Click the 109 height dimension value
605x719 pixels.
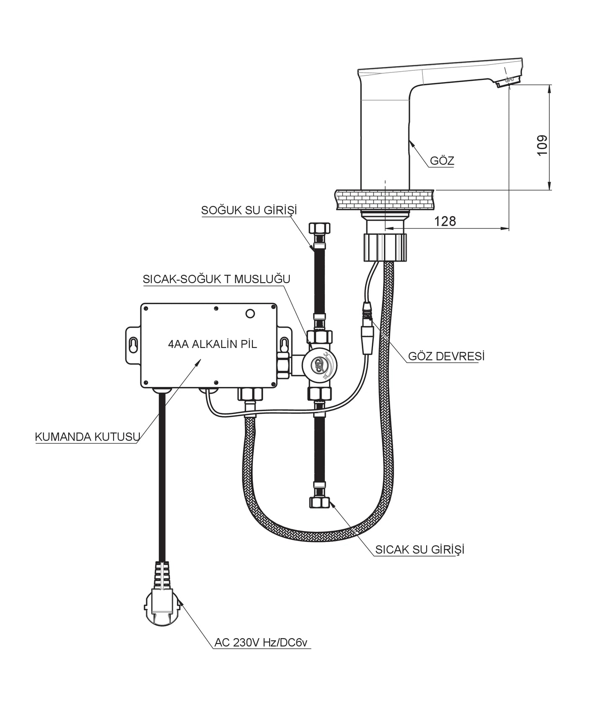542,145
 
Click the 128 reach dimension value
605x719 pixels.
445,221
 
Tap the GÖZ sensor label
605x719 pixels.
442,161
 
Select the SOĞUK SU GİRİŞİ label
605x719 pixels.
249,210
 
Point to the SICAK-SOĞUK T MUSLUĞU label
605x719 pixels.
216,279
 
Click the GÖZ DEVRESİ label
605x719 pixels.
446,356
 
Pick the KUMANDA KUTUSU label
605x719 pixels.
87,437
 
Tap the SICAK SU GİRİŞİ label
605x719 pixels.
420,549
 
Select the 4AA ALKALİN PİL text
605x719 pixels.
212,344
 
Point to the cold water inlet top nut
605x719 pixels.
319,229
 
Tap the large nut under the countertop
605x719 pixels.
384,247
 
